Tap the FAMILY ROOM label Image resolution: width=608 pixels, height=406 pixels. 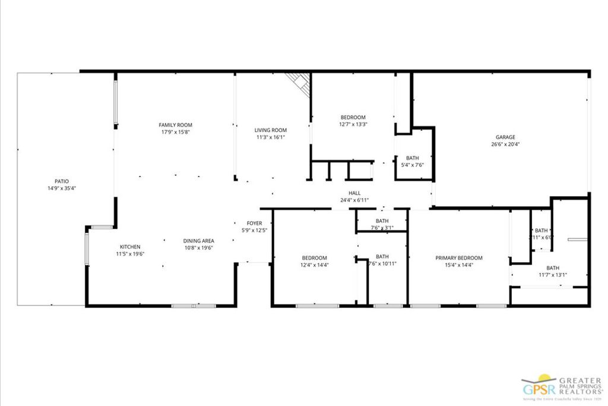click(175, 125)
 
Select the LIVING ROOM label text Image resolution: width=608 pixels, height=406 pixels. click(271, 130)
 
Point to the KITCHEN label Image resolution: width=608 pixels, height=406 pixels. click(130, 247)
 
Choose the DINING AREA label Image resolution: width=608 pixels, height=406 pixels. click(198, 241)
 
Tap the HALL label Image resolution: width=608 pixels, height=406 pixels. click(354, 193)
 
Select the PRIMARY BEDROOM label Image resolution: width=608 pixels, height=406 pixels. click(459, 258)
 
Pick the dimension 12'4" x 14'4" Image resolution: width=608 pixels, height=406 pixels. click(314, 265)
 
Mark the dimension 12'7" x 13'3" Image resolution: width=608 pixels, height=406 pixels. click(353, 125)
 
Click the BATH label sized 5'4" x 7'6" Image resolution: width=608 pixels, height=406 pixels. click(412, 158)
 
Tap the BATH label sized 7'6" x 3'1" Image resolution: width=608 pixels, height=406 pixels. click(382, 221)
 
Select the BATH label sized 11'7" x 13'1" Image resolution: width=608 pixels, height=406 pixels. click(553, 268)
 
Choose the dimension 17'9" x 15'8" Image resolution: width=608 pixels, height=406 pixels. click(175, 132)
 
